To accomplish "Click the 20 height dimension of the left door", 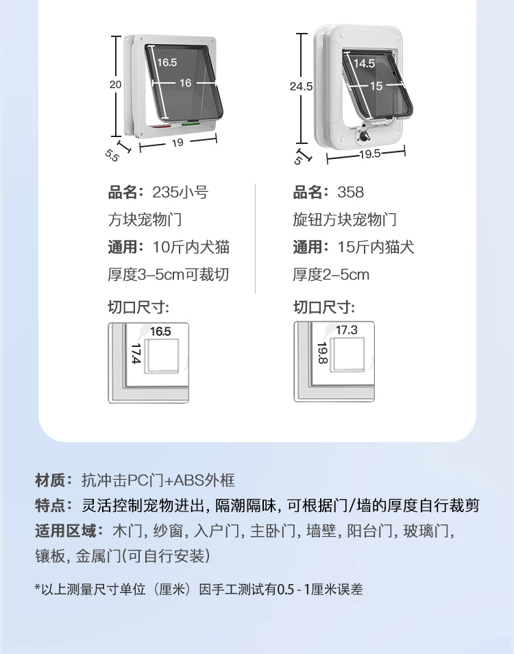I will point(115,84).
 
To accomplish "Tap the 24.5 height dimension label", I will point(300,86).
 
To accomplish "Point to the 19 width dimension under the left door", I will point(177,143).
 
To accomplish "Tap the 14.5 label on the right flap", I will point(364,63).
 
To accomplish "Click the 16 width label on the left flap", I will point(185,83).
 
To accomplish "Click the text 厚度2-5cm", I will point(331,275).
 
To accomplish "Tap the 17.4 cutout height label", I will point(135,354).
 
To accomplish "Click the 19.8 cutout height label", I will point(322,354).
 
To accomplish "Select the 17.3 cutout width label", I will point(346,330).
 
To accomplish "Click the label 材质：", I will point(53,480).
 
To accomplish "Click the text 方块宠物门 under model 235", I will point(145,220).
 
